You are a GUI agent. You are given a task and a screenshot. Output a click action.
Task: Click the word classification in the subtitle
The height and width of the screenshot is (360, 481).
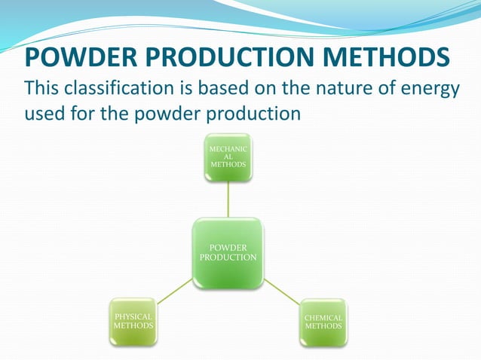coord(135,89)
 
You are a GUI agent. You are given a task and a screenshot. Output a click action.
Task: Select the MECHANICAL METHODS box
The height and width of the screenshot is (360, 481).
coord(228,158)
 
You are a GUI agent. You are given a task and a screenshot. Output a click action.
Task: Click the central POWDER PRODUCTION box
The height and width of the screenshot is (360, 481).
coord(228,253)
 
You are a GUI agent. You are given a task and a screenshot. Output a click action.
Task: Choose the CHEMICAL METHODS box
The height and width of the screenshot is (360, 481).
coord(323,322)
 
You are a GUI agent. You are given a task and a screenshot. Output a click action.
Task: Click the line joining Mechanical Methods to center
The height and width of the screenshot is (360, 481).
coord(228,199)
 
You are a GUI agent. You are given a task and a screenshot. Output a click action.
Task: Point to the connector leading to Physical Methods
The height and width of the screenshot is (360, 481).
coord(175,291)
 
